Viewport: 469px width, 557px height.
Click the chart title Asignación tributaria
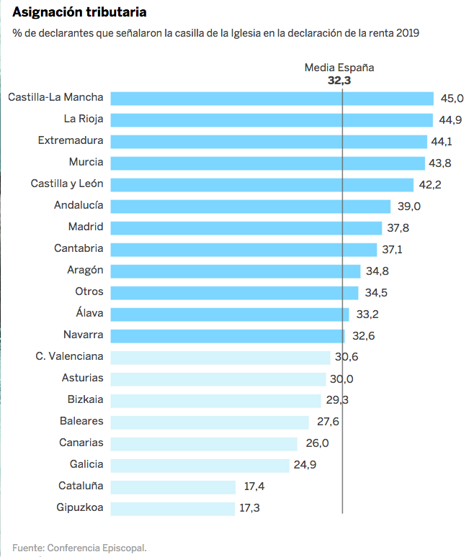84,13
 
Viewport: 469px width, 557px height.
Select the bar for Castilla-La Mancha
272,98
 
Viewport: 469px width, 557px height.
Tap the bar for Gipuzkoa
173,508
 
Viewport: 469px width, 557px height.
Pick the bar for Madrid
246,227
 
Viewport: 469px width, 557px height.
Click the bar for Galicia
200,465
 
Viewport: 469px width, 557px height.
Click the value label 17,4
254,486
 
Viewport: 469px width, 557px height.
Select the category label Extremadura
71,140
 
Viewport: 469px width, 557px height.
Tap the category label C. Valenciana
69,356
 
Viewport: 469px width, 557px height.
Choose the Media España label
339,68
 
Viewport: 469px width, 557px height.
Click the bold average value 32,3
339,81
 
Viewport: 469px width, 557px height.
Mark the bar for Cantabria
244,249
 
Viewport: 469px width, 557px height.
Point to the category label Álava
89,313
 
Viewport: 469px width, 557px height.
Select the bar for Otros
234,292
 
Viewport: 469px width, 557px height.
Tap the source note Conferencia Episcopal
79,548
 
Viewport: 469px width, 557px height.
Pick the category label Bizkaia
85,399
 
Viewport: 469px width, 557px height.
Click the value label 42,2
430,184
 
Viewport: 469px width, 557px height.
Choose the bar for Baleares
210,422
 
